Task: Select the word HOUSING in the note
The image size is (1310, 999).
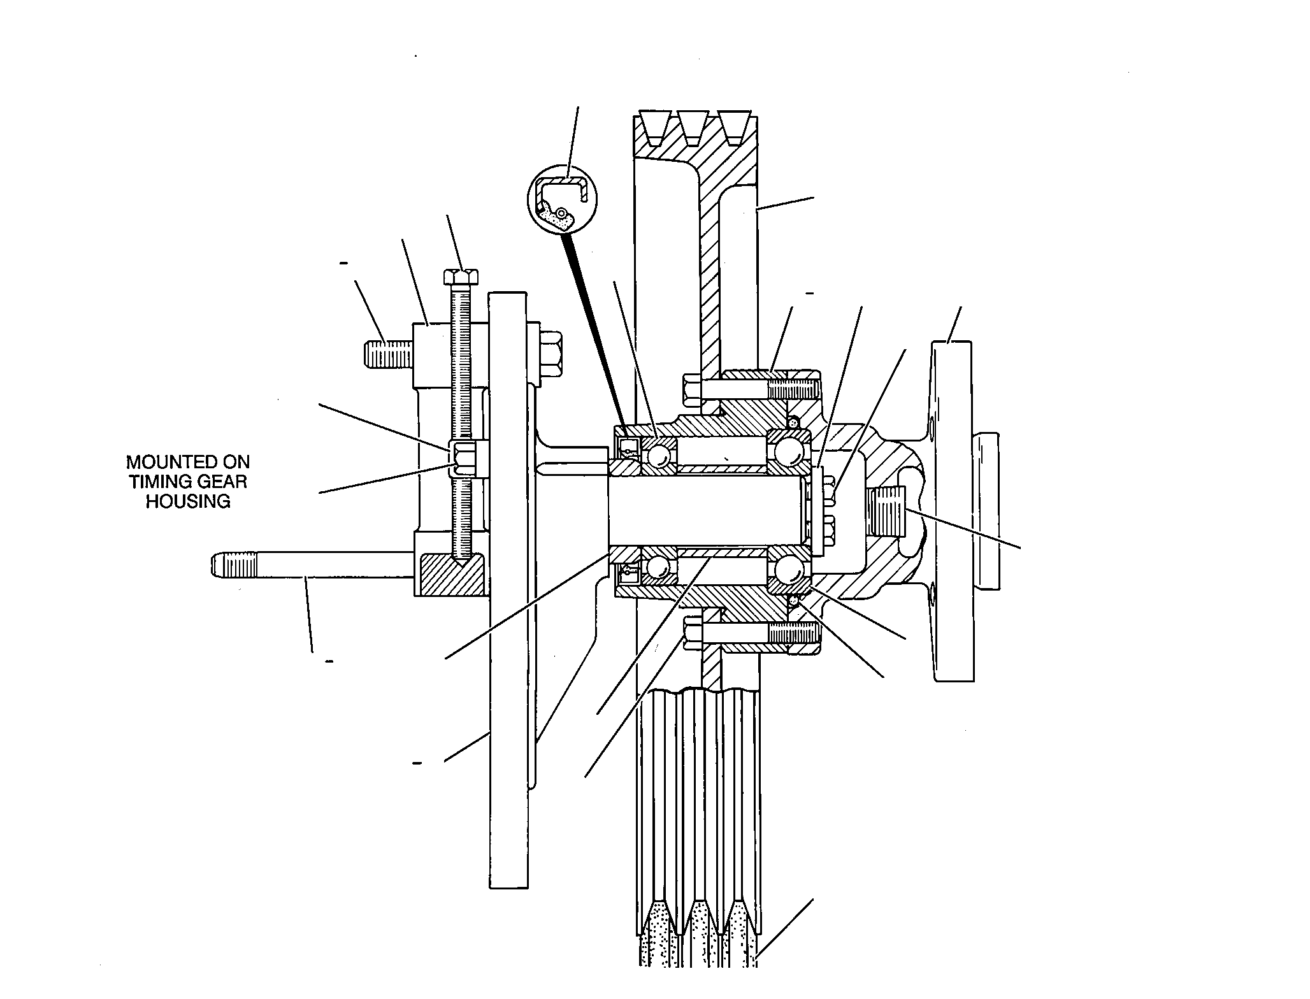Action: (188, 501)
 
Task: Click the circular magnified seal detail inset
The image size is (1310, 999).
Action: (563, 200)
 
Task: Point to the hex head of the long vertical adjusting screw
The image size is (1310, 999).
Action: (462, 277)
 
